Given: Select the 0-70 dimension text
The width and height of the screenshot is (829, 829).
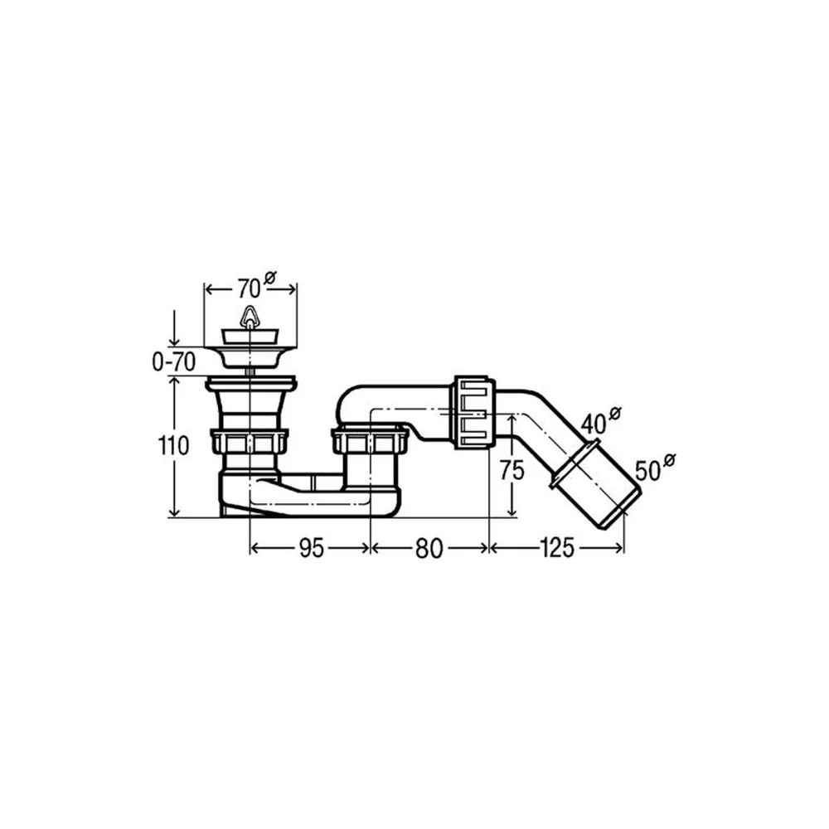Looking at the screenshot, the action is (x=173, y=362).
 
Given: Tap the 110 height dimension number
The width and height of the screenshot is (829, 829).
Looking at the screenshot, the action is (x=173, y=446).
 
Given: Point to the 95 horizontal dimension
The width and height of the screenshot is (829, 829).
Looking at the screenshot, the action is (x=311, y=548).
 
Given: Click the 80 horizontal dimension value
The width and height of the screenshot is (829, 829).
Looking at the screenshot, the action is (x=429, y=548).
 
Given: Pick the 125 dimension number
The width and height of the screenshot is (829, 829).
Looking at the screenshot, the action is (x=557, y=548).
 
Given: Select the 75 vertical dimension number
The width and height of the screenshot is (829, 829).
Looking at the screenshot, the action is (x=511, y=470).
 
